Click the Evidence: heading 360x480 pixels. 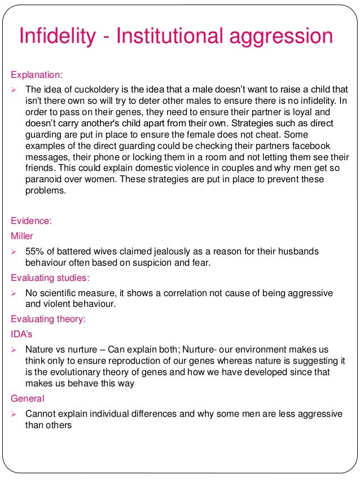[32, 221]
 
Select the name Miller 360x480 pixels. [22, 235]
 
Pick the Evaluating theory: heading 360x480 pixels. [48, 319]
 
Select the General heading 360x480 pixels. [28, 398]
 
